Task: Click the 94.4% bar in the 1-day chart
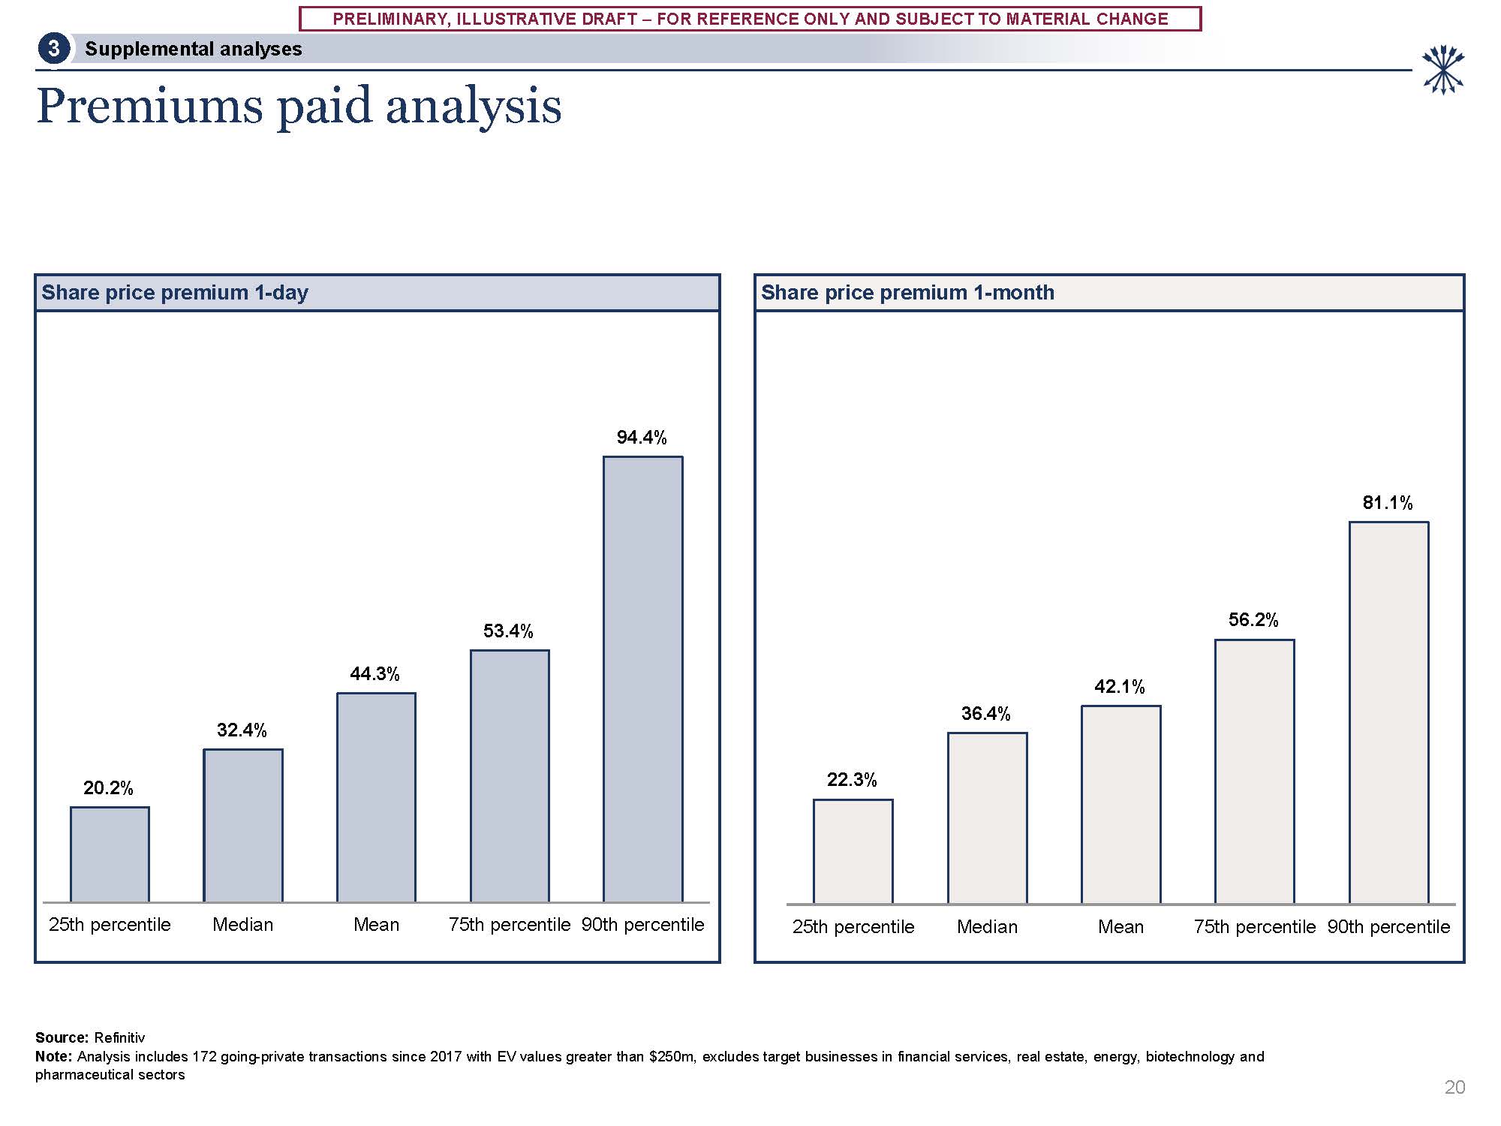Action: coord(643,679)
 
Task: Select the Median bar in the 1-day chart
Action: coord(243,826)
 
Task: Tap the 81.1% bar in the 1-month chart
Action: coord(1388,713)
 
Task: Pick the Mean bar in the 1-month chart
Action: coord(1120,805)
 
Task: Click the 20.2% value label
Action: coord(108,788)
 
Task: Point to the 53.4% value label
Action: coord(508,631)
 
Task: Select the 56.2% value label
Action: coord(1253,620)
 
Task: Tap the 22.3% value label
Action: coord(852,780)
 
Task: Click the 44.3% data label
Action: coord(374,674)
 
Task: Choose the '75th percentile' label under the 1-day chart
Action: coord(510,925)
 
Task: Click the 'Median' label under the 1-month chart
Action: coord(987,927)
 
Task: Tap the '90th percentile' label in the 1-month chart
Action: coord(1388,927)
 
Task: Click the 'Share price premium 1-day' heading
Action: coord(175,293)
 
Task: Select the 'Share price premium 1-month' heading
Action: coord(907,293)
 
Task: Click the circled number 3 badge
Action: coord(54,49)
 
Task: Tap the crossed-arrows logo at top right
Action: coord(1442,70)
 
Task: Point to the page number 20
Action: coord(1454,1088)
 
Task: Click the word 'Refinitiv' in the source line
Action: coord(119,1038)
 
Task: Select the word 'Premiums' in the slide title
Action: coord(150,106)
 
